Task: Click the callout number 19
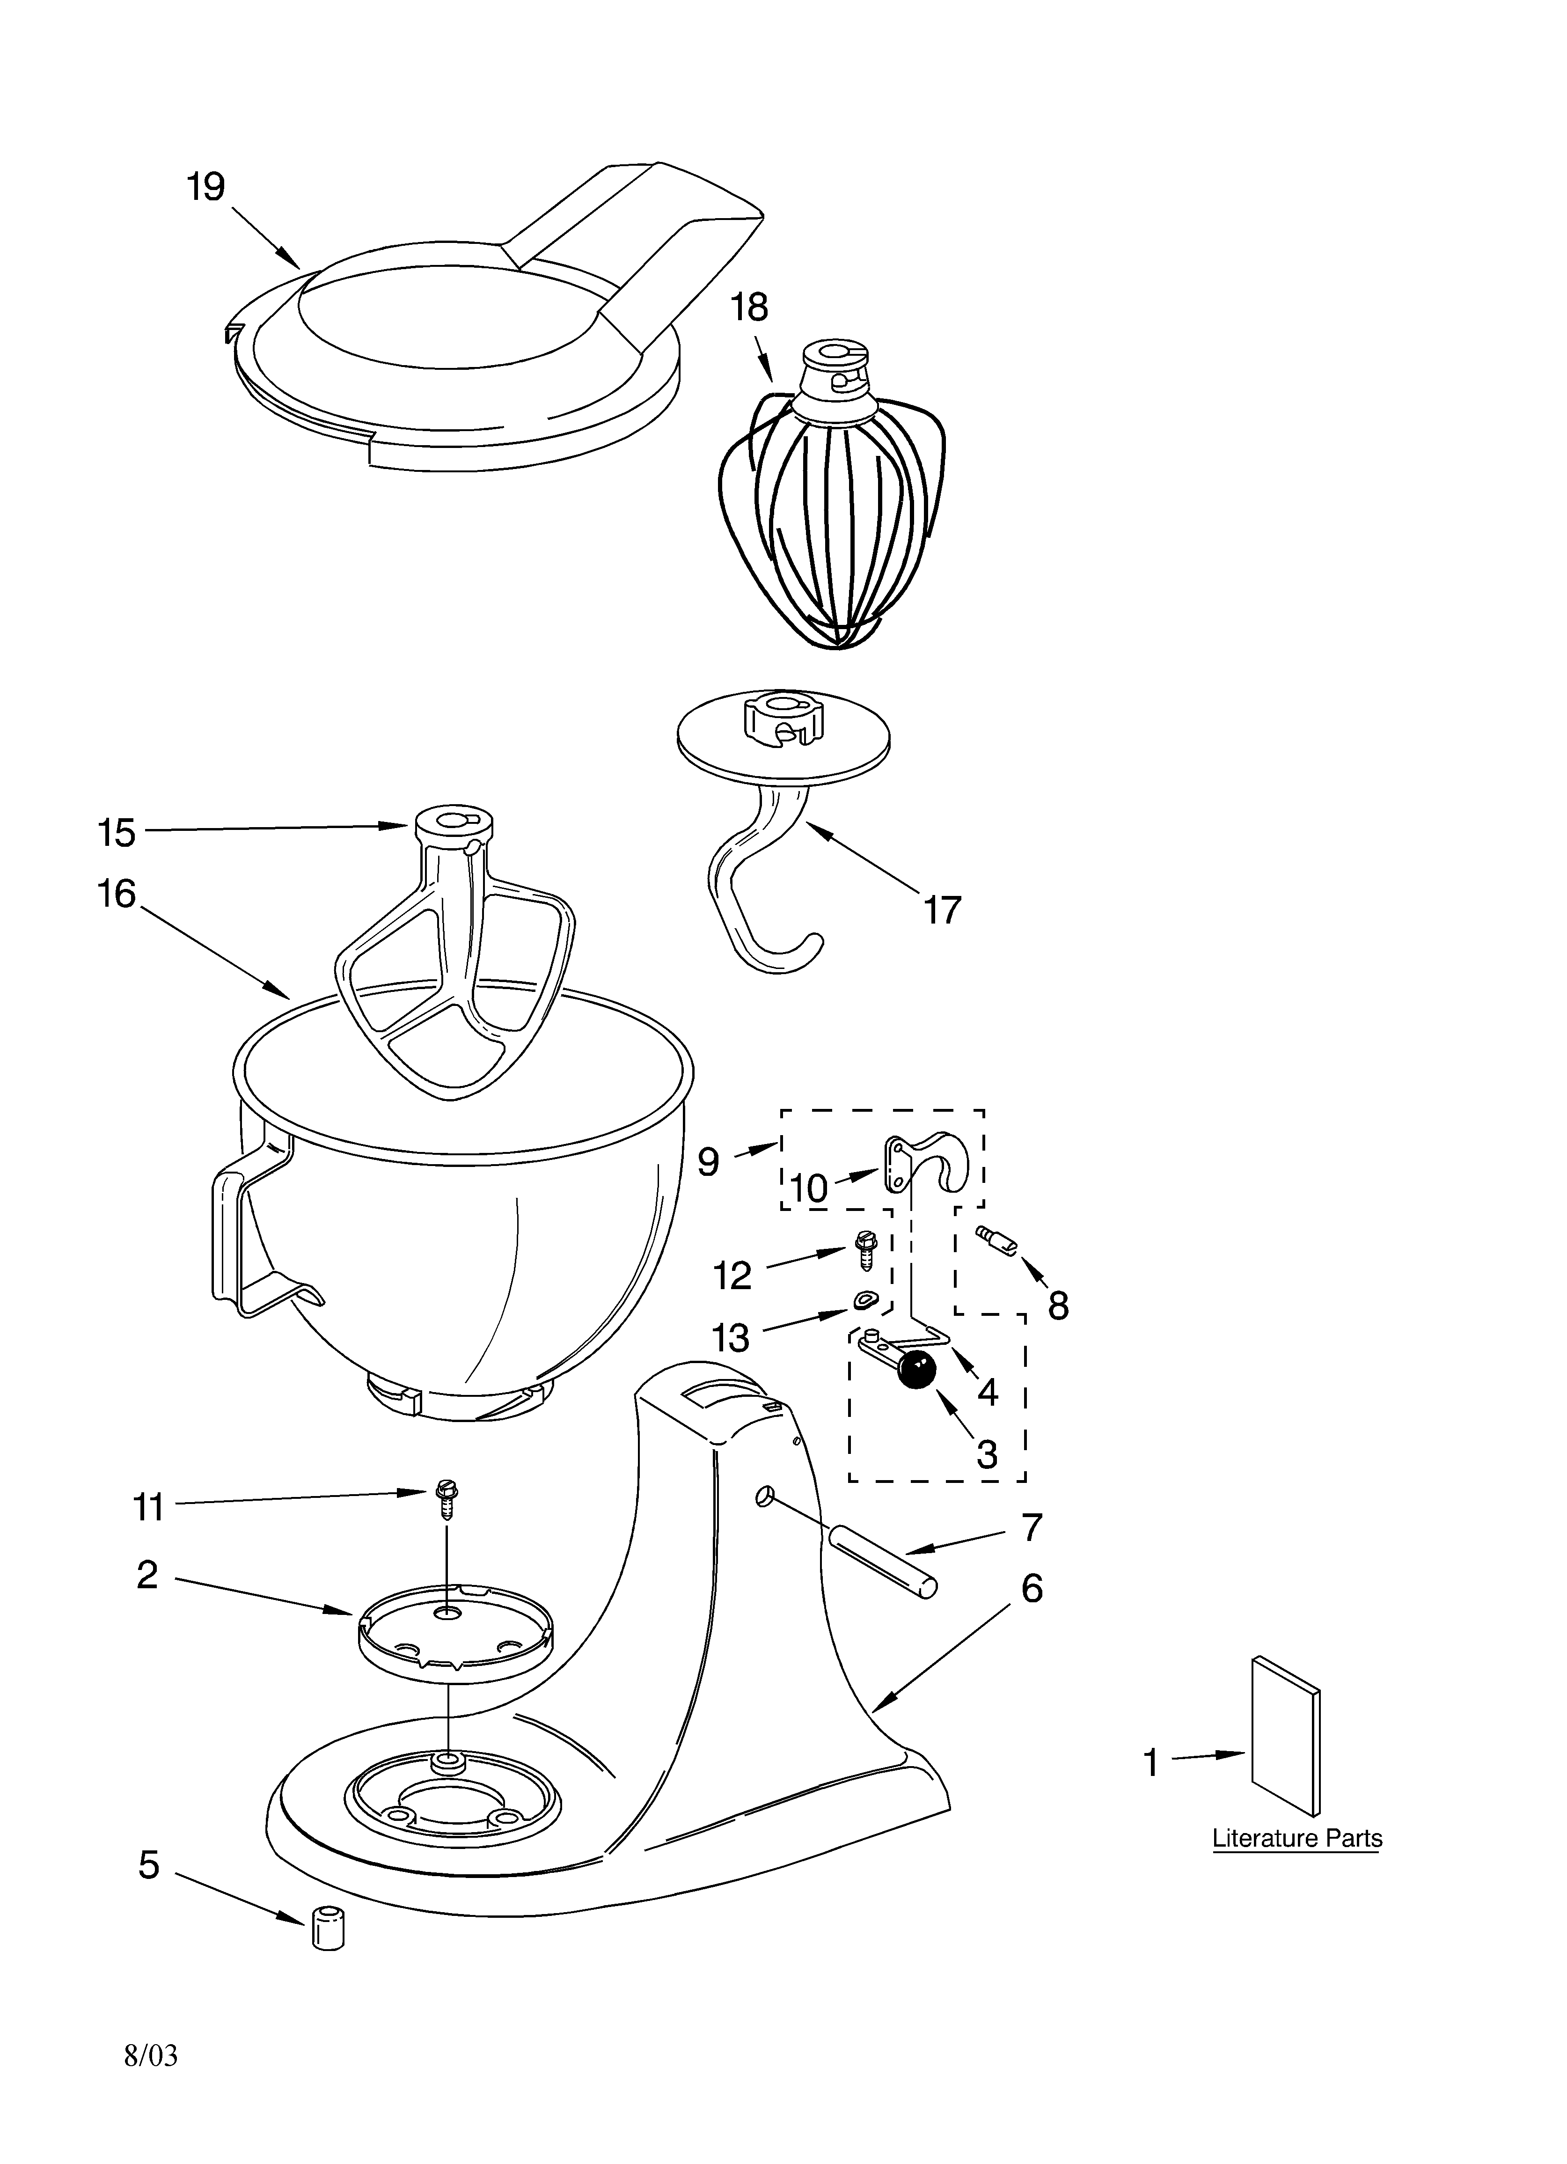coord(205,187)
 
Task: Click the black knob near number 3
coord(916,1370)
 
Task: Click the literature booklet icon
coord(1287,1737)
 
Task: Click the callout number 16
coord(117,894)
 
